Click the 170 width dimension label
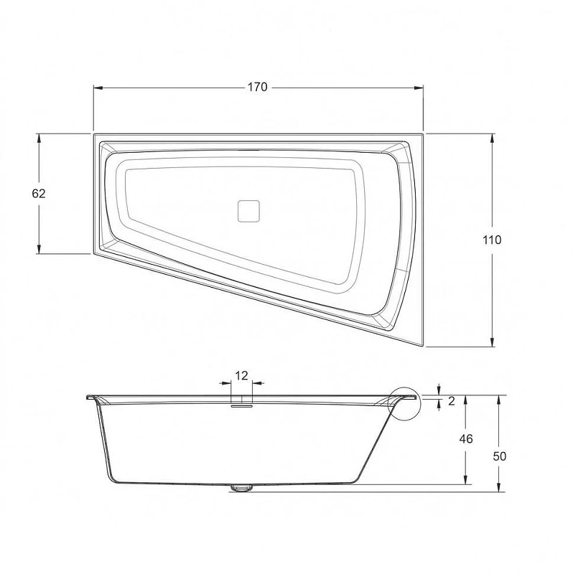pyautogui.click(x=258, y=87)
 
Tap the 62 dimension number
pyautogui.click(x=39, y=193)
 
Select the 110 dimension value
pyautogui.click(x=492, y=240)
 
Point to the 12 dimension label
pyautogui.click(x=241, y=375)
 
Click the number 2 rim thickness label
pyautogui.click(x=452, y=401)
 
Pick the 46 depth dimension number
pyautogui.click(x=466, y=438)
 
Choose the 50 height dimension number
pyautogui.click(x=499, y=456)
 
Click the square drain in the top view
pyautogui.click(x=248, y=211)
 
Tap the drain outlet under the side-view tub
pyautogui.click(x=241, y=488)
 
